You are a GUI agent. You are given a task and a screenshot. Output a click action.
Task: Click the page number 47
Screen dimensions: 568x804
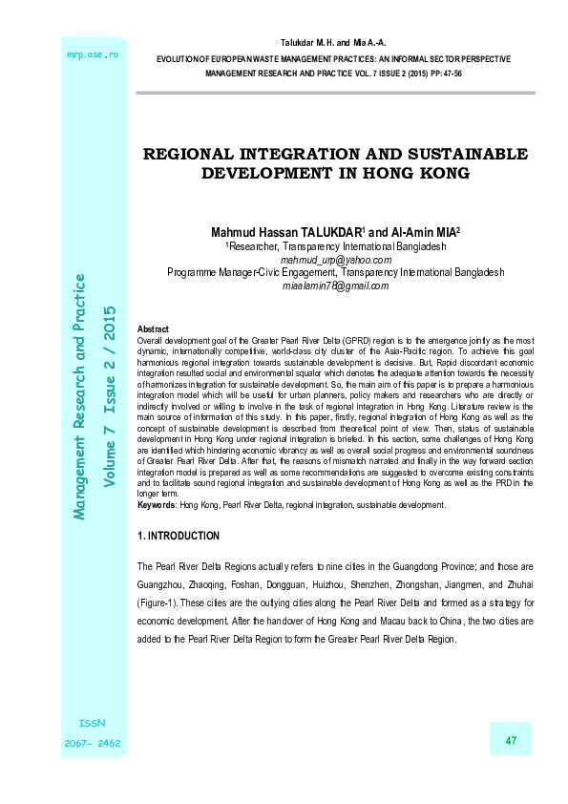[x=511, y=742]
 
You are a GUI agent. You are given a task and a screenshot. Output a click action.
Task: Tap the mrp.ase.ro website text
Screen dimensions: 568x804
[x=91, y=54]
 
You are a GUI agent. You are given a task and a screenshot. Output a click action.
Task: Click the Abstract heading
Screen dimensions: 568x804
[x=154, y=328]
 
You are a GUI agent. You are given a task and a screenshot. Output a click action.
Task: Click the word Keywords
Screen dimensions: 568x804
[x=158, y=505]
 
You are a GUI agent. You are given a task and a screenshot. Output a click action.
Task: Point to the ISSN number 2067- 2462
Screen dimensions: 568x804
[x=93, y=742]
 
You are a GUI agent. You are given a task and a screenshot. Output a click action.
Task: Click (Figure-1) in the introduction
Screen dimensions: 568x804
[x=161, y=603]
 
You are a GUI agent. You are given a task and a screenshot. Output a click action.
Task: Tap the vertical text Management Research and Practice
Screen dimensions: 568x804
[x=80, y=397]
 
